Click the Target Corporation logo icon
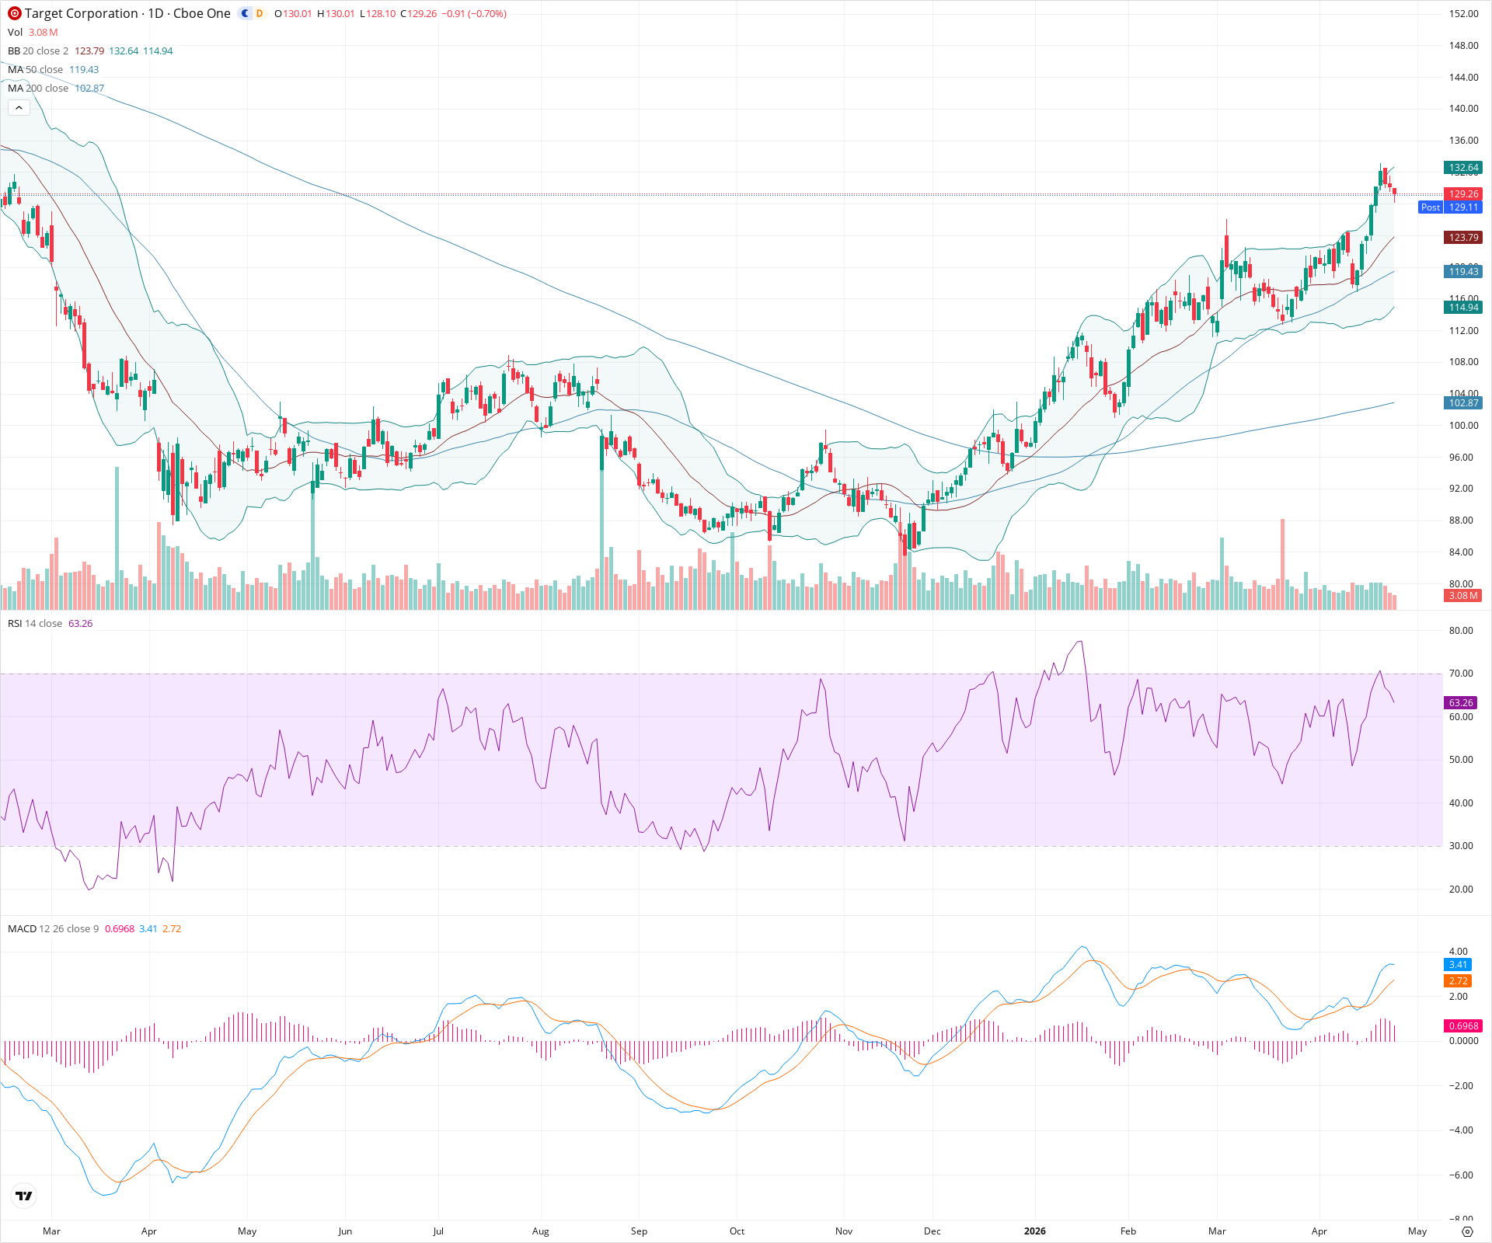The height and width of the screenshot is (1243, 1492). coord(15,13)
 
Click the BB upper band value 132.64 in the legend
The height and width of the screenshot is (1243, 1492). coord(124,51)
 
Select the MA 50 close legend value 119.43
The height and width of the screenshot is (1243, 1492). coord(84,70)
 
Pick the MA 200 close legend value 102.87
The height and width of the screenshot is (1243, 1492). coord(89,89)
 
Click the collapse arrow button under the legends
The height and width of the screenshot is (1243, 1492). coord(19,108)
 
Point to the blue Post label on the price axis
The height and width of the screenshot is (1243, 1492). coord(1430,207)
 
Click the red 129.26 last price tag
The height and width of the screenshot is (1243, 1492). coord(1463,194)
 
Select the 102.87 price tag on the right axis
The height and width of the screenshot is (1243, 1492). coord(1463,403)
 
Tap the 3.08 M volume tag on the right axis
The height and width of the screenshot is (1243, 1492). coord(1462,596)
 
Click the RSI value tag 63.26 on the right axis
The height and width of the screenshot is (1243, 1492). coord(1461,702)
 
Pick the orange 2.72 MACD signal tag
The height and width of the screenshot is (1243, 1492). coord(1459,981)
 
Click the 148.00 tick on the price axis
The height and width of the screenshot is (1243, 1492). coord(1463,46)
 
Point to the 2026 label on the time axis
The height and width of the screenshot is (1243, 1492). coord(1034,1231)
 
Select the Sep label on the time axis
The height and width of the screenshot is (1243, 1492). coord(639,1231)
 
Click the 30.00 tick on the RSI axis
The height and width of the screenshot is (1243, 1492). coord(1461,846)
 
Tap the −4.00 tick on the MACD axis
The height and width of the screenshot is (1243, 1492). coord(1461,1130)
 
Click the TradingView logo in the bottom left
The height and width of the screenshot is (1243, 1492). coord(24,1196)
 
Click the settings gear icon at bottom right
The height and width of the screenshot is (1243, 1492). coord(1467,1231)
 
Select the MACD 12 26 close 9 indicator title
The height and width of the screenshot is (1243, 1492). coord(54,929)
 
